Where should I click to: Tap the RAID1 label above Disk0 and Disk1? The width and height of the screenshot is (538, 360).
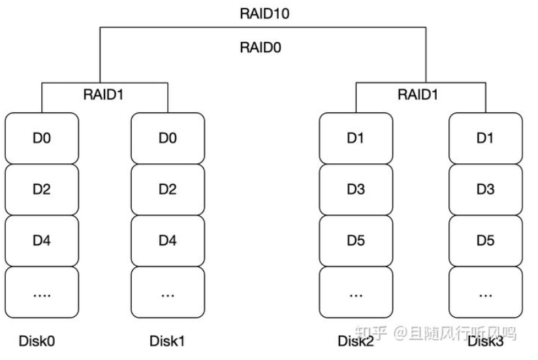click(104, 94)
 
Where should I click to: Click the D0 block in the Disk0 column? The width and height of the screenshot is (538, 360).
click(42, 139)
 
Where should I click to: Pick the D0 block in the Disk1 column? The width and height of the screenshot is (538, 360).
click(168, 139)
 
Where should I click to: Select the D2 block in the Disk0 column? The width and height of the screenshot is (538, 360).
click(42, 189)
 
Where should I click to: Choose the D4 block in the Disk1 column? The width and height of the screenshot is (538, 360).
click(168, 240)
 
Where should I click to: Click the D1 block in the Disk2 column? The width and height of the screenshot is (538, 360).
click(356, 139)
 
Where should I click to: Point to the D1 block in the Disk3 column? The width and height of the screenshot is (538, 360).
click(485, 139)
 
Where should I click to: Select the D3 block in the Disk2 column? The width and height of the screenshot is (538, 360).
click(356, 189)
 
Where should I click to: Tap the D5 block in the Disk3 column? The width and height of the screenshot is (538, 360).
click(485, 240)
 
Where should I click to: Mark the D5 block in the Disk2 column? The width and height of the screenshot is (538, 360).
click(356, 240)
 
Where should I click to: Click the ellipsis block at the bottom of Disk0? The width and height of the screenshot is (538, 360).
click(42, 292)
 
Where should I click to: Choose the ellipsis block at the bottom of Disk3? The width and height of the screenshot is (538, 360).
click(485, 292)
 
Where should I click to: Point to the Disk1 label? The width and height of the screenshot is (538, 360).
click(168, 340)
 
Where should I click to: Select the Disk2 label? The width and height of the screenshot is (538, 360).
click(356, 340)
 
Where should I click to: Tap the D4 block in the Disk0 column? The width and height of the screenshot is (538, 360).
click(42, 240)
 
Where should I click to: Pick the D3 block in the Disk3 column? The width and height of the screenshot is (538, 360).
click(485, 189)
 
